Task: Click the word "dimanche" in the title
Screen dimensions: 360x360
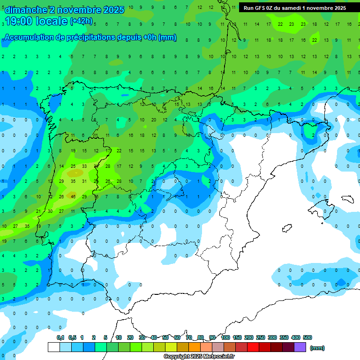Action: [x=26, y=10]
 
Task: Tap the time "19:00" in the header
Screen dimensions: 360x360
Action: [x=19, y=21]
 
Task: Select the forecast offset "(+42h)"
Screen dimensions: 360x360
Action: [x=81, y=22]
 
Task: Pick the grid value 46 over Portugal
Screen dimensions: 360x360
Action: [x=73, y=196]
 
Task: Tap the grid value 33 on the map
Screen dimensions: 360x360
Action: [x=84, y=166]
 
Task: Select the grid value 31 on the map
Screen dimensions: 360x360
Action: [x=84, y=181]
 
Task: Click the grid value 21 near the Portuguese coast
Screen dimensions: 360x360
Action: [x=38, y=211]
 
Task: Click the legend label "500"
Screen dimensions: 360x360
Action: [x=307, y=337]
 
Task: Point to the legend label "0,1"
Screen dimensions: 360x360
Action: [x=60, y=337]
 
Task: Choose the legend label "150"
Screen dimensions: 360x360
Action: [x=237, y=337]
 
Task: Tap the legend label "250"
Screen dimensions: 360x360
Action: [x=261, y=337]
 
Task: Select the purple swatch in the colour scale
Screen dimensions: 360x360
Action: [x=300, y=347]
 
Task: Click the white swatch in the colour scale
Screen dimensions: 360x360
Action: [x=53, y=347]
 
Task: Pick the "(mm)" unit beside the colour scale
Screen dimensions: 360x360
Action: [x=317, y=348]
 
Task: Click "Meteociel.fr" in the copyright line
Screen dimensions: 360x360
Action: [x=219, y=356]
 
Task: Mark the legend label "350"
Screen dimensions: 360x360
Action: [x=284, y=337]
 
